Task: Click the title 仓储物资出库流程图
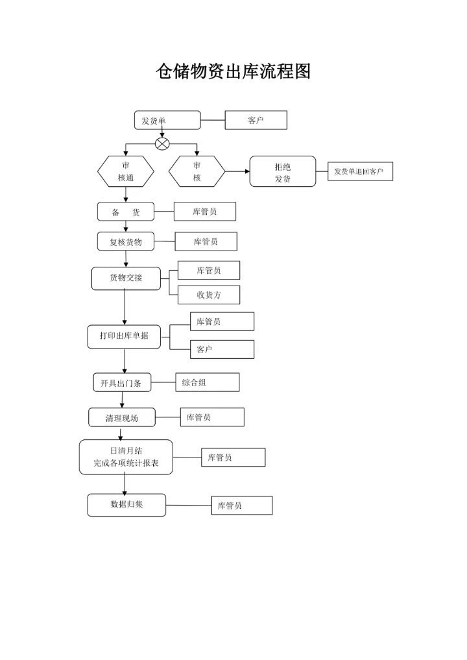[x=233, y=72]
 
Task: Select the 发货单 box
[x=167, y=120]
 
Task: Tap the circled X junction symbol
[x=162, y=143]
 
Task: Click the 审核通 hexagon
[x=126, y=171]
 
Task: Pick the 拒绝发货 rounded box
[x=283, y=171]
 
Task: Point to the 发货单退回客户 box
[x=360, y=171]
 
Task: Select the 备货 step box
[x=126, y=212]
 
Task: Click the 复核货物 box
[x=126, y=242]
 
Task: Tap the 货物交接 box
[x=126, y=278]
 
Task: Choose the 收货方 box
[x=209, y=295]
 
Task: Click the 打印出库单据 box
[x=124, y=336]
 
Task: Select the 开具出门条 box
[x=121, y=383]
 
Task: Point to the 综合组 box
[x=208, y=382]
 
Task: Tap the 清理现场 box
[x=122, y=417]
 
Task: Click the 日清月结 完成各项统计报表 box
[x=126, y=457]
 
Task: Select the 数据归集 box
[x=126, y=505]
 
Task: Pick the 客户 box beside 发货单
[x=256, y=120]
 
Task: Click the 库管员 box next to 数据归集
[x=241, y=506]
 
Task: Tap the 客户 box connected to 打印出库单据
[x=222, y=349]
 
